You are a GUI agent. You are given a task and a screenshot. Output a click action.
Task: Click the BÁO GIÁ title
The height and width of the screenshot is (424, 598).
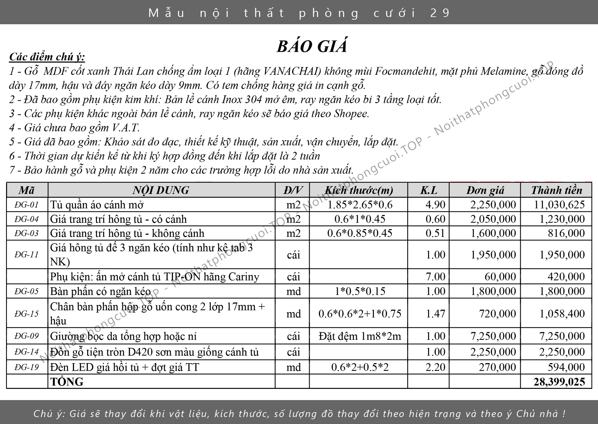tap(312, 47)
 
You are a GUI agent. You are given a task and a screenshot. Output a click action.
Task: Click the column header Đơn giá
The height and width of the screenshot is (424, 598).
tap(485, 190)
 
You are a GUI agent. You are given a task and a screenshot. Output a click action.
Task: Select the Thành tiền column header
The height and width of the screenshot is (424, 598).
tap(556, 190)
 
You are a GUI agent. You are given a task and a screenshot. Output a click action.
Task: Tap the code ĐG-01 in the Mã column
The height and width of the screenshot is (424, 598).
tap(27, 205)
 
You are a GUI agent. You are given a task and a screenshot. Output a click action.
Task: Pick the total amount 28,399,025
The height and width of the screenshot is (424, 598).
tap(559, 382)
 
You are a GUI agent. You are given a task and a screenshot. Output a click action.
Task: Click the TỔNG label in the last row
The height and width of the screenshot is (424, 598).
tap(67, 382)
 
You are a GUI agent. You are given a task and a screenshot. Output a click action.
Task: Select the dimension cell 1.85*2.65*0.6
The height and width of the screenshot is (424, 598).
tap(360, 205)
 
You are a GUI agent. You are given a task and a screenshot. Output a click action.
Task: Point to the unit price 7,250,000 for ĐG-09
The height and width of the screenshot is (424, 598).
tap(493, 336)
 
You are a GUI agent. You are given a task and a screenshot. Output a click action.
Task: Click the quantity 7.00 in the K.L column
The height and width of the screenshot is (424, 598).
tap(435, 277)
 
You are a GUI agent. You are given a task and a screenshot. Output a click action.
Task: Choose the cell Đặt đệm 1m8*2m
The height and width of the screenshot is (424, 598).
tap(360, 336)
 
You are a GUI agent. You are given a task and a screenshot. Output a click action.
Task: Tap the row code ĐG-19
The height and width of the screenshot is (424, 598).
tap(27, 367)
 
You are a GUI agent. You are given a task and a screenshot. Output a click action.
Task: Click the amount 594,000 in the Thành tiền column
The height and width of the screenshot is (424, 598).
tap(566, 367)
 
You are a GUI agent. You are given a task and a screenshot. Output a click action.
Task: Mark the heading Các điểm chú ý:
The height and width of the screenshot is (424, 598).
tap(47, 57)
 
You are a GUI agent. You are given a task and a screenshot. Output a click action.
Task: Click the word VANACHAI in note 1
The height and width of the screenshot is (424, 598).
tap(292, 71)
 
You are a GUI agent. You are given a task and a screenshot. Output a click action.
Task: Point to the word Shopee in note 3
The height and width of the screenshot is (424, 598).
tap(351, 114)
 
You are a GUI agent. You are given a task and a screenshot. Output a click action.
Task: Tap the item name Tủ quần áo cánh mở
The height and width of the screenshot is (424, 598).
tap(97, 205)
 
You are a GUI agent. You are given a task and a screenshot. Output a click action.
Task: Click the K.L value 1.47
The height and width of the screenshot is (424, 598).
tap(435, 313)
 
